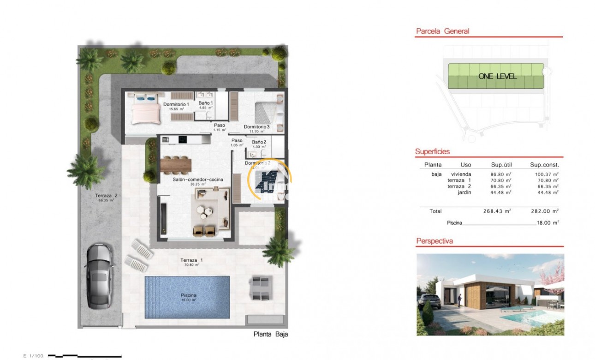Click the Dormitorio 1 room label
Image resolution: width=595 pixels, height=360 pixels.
(x=176, y=104)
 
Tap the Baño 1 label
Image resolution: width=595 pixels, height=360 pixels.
(x=205, y=103)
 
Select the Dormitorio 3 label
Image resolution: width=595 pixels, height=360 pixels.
(x=256, y=126)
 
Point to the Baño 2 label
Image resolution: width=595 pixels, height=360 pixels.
(x=258, y=142)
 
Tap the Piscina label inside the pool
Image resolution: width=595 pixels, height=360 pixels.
(x=189, y=295)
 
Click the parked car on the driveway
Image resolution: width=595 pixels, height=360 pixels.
(x=98, y=276)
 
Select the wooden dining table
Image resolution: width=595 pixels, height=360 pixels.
(x=176, y=163)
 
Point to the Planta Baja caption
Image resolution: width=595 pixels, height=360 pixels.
(x=271, y=335)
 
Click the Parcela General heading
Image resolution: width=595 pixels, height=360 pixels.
(x=436, y=31)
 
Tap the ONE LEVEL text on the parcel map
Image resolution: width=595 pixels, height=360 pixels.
(x=497, y=76)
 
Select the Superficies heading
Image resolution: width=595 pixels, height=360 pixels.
(x=432, y=151)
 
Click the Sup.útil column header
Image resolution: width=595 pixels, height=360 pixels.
(x=502, y=165)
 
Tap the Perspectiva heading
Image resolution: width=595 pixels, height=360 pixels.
(x=434, y=241)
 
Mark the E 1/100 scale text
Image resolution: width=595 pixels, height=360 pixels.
(x=33, y=356)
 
